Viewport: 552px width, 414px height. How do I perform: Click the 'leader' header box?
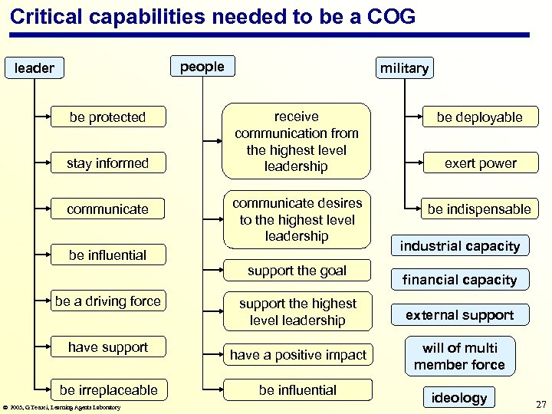point(34,68)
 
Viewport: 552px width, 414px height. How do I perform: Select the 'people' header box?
point(202,67)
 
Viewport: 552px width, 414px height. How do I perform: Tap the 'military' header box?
point(404,68)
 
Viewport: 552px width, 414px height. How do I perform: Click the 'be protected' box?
point(107,117)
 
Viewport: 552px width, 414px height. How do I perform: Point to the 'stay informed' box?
point(107,163)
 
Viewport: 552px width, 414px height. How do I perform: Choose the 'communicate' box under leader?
point(107,209)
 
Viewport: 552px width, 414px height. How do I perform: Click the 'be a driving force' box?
point(107,301)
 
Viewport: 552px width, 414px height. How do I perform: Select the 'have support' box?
point(107,347)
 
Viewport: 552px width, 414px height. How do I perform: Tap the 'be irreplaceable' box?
point(107,390)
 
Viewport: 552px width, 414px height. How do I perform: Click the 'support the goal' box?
point(297,271)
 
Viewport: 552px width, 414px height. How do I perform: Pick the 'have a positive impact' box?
point(297,354)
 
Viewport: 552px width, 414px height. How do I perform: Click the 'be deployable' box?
point(479,117)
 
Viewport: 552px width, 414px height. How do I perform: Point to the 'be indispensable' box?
point(479,209)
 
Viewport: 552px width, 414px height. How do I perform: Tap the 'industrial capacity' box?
point(460,246)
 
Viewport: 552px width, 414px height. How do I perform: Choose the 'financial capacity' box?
point(460,280)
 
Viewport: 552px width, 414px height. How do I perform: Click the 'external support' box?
point(460,315)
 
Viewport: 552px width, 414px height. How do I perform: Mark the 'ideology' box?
point(459,397)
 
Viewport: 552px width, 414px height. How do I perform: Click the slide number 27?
point(540,403)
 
